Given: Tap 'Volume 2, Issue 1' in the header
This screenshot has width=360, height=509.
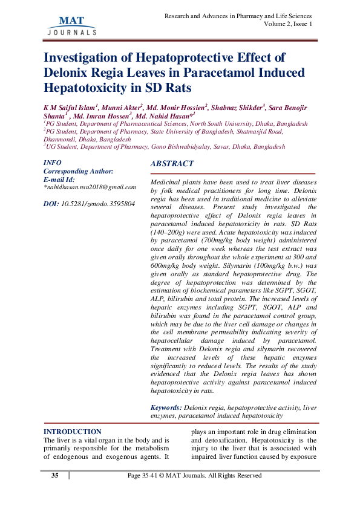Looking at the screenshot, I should tap(288, 24).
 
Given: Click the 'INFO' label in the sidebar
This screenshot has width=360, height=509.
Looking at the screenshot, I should tap(53, 163).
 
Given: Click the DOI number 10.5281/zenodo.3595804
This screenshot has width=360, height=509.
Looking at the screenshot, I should tap(97, 204).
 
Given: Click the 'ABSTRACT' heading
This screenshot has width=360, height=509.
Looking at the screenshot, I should tap(172, 164).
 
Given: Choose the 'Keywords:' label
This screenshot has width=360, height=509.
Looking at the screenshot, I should tap(165, 409).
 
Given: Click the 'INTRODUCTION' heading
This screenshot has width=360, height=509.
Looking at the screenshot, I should tap(72, 432).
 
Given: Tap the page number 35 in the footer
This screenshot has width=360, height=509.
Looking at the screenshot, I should tap(54, 476).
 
